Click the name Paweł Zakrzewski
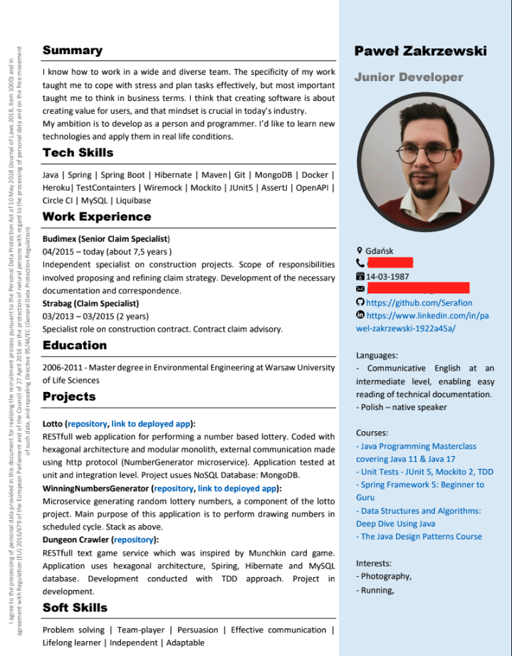[x=420, y=51]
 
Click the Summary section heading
[x=72, y=50]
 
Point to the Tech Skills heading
[x=78, y=152]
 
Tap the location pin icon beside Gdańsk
[x=360, y=250]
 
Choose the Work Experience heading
[x=96, y=216]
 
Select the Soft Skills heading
[x=75, y=607]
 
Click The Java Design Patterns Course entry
[x=421, y=517]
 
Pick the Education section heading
[x=74, y=345]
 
